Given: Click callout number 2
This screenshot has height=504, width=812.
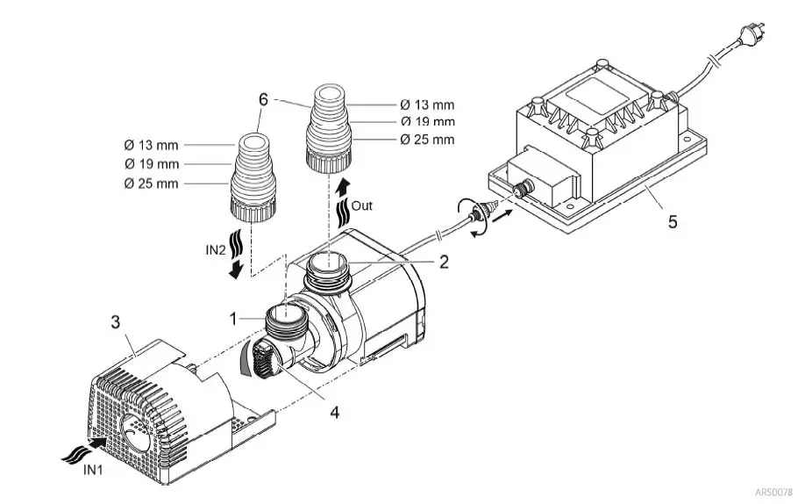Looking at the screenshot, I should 445,261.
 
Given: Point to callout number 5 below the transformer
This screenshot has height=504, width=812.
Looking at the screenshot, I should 672,222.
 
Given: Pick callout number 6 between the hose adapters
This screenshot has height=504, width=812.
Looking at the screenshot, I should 262,99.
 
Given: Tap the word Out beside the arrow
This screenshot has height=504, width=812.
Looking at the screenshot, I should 362,206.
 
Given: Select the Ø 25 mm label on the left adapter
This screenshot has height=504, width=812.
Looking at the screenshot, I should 152,183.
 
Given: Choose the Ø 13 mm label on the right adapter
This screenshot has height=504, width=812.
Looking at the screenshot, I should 427,104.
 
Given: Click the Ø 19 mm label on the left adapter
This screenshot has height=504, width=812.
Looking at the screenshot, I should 152,164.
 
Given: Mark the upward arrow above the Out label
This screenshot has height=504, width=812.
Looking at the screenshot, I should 342,184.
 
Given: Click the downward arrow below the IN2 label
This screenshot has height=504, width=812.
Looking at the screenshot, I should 234,270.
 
